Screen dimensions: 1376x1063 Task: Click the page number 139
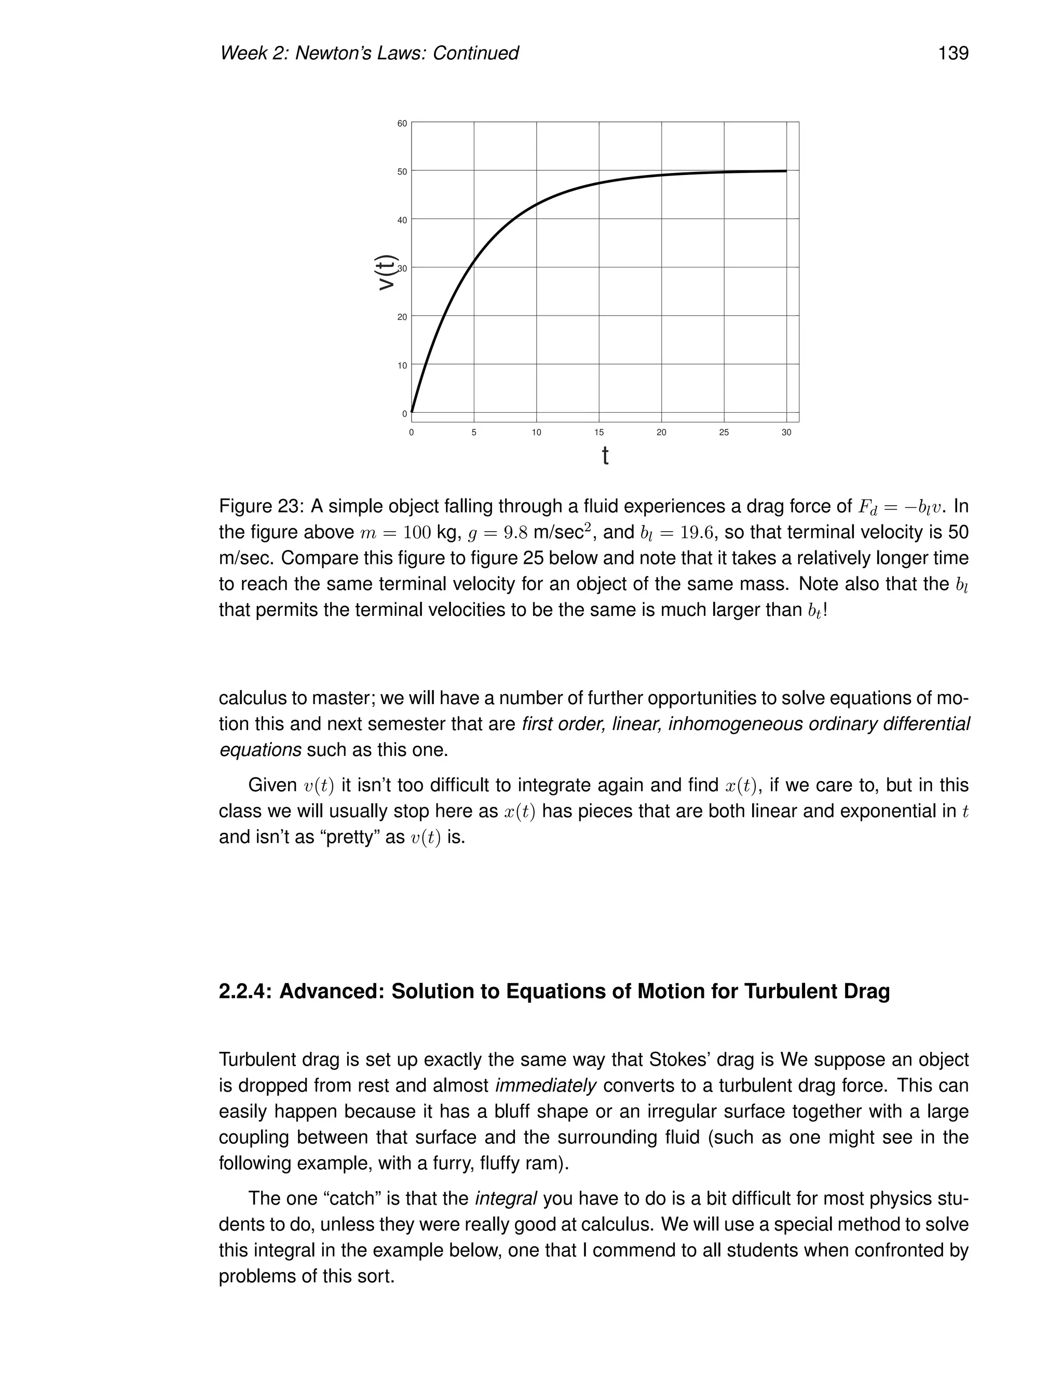[953, 53]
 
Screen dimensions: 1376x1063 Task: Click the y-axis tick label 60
[402, 124]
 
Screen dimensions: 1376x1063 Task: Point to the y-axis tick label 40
[402, 220]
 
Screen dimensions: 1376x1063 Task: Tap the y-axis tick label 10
[402, 366]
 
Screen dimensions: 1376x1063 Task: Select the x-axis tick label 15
[598, 432]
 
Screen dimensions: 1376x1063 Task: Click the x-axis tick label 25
[724, 432]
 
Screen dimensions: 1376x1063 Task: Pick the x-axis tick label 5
[473, 432]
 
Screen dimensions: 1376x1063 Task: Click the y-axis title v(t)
[387, 272]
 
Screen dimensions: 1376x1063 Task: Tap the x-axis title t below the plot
[605, 455]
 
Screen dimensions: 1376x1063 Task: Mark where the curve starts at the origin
[412, 412]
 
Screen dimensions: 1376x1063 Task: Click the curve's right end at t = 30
[785, 171]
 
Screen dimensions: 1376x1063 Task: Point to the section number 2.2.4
[245, 991]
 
